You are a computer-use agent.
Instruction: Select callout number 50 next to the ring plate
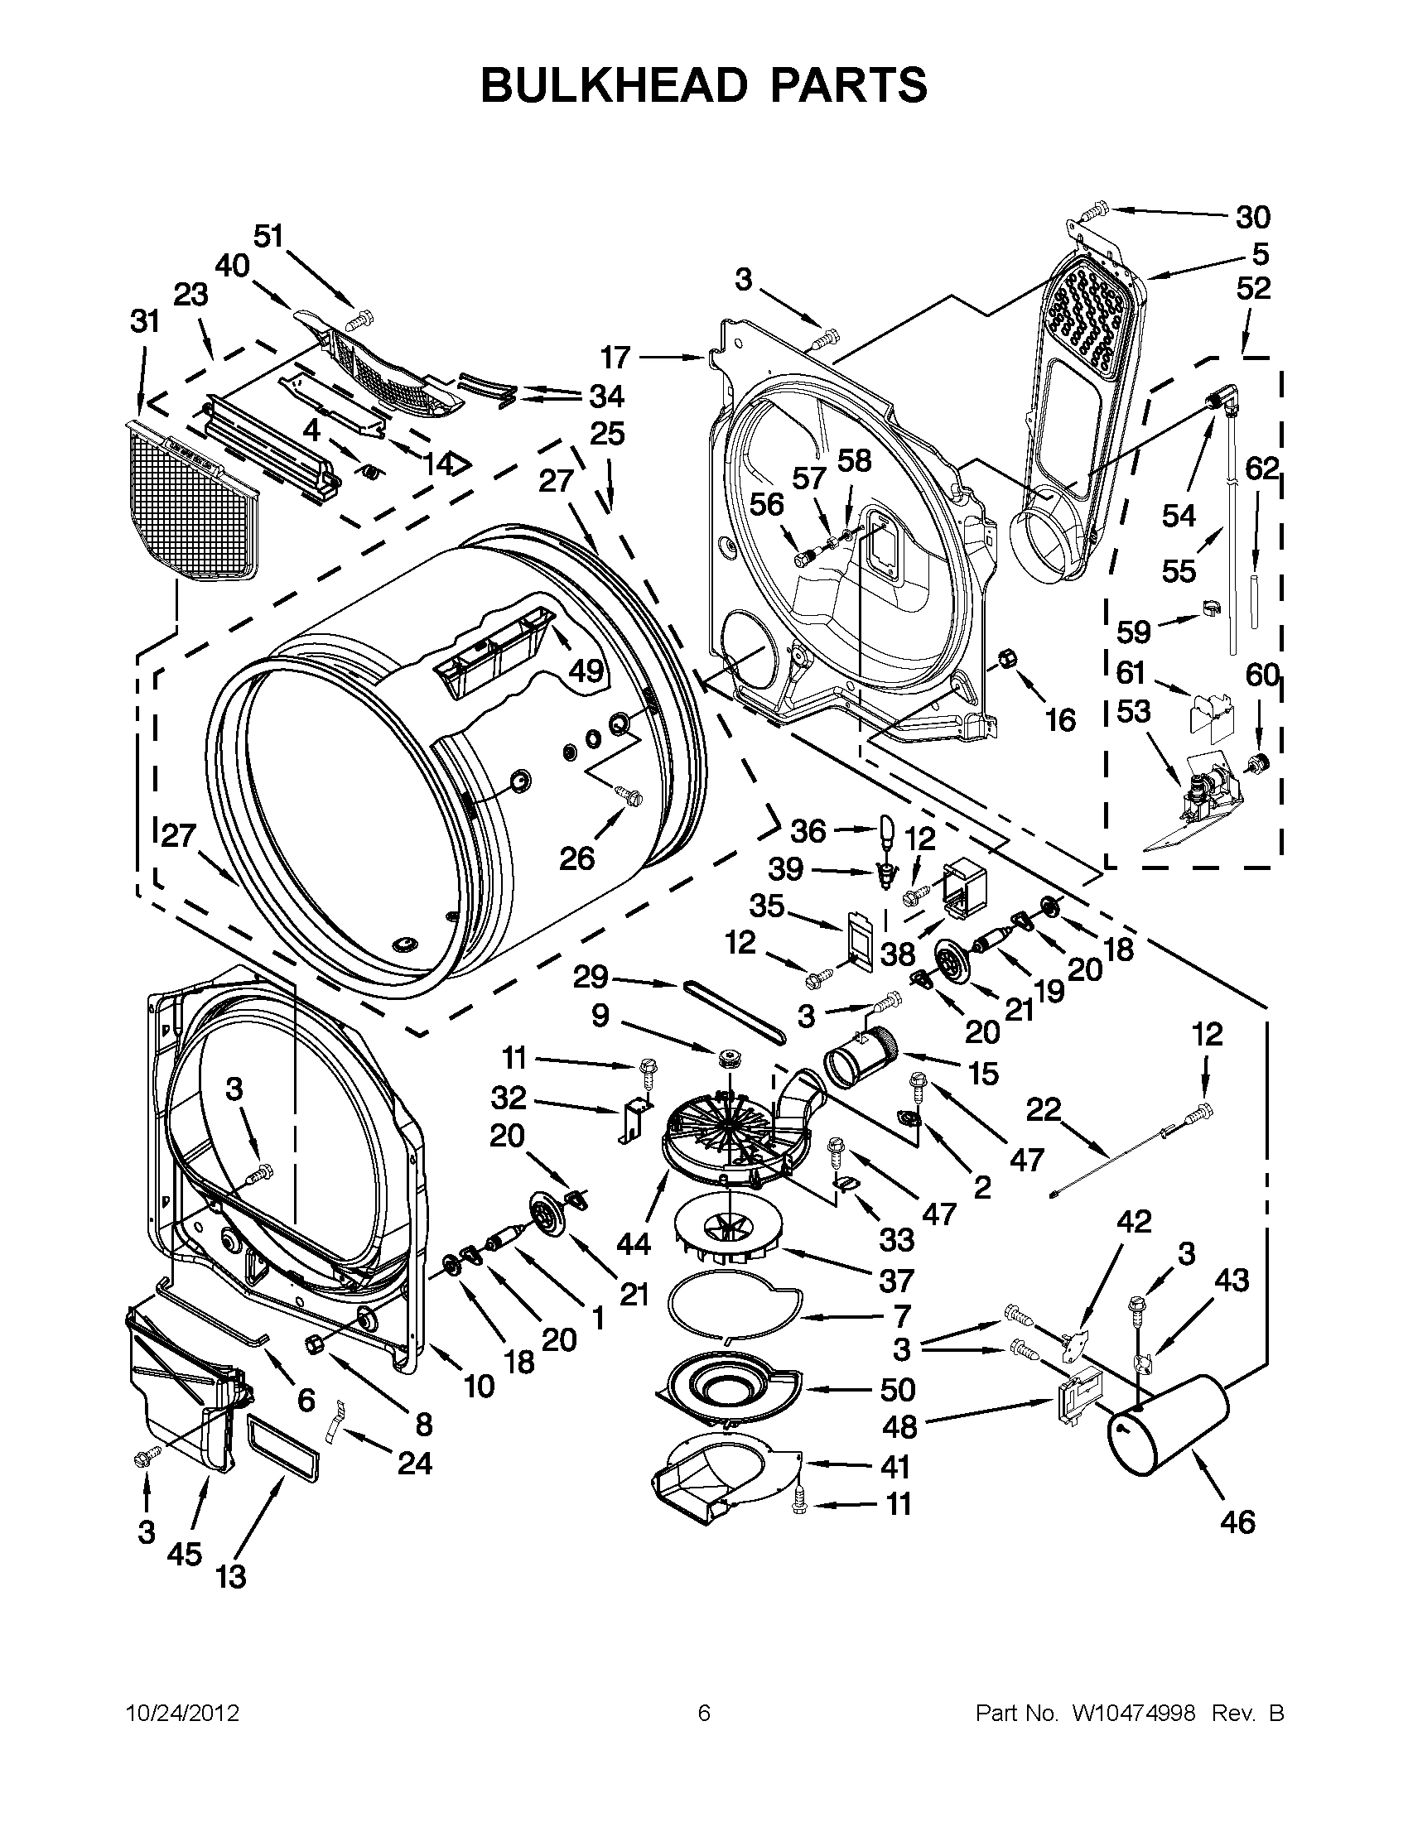pyautogui.click(x=897, y=1389)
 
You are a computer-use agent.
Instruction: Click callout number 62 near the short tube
pyautogui.click(x=1261, y=469)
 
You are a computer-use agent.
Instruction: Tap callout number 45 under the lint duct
pyautogui.click(x=185, y=1552)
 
